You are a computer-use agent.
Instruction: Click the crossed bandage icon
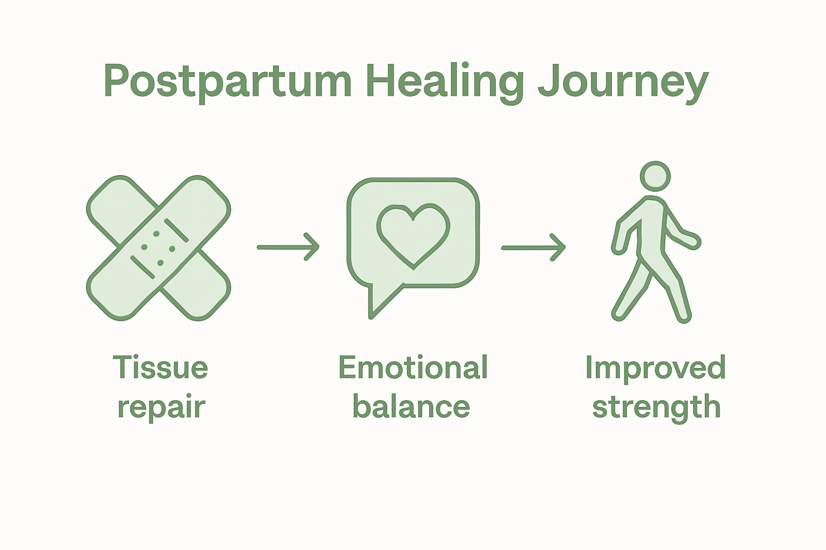coord(159,248)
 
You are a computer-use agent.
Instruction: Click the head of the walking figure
coord(656,176)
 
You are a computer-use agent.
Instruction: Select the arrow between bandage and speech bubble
coord(288,247)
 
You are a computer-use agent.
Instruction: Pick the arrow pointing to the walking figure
coord(533,248)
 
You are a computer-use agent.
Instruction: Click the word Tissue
coord(160,367)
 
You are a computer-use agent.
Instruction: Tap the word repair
coord(161,407)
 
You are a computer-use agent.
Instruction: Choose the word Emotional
coord(413,367)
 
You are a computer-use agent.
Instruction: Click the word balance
coord(411,407)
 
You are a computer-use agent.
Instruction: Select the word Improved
coord(656,367)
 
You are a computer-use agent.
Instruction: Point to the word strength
coord(656,407)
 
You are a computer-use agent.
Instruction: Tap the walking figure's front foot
coord(683,317)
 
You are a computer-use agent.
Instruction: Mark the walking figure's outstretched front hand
coord(694,242)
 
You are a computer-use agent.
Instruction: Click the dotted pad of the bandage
coord(158,248)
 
